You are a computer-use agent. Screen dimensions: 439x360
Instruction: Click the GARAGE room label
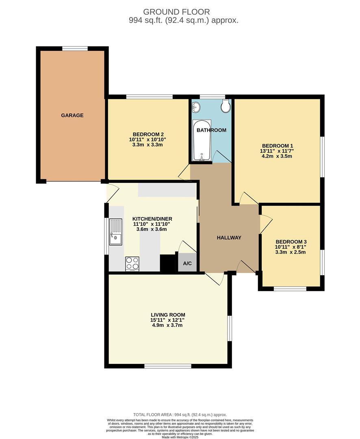[72, 115]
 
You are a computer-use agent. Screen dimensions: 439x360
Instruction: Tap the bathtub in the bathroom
[202, 140]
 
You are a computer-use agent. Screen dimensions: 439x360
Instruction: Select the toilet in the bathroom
[226, 106]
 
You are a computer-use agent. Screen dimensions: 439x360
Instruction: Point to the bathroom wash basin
[196, 106]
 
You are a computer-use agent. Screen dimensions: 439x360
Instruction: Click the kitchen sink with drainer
[115, 232]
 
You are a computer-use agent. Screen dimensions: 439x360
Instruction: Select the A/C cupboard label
[187, 263]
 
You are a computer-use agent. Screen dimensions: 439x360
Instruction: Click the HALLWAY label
[229, 238]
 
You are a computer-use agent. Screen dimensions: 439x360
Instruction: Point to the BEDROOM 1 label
[277, 146]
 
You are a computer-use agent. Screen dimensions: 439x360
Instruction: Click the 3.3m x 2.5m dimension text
[290, 252]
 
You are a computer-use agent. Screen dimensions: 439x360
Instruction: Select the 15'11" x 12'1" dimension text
[168, 320]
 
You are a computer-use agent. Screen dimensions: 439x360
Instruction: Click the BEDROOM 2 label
[148, 135]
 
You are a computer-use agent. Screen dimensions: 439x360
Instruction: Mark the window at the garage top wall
[75, 49]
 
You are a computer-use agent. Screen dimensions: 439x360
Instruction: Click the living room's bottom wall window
[168, 366]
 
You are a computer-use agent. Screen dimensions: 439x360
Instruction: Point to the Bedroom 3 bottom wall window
[290, 289]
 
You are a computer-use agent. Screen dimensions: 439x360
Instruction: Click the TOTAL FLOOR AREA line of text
[180, 414]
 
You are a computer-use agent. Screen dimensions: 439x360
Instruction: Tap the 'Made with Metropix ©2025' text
[180, 437]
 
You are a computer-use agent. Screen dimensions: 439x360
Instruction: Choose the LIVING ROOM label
[168, 315]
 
